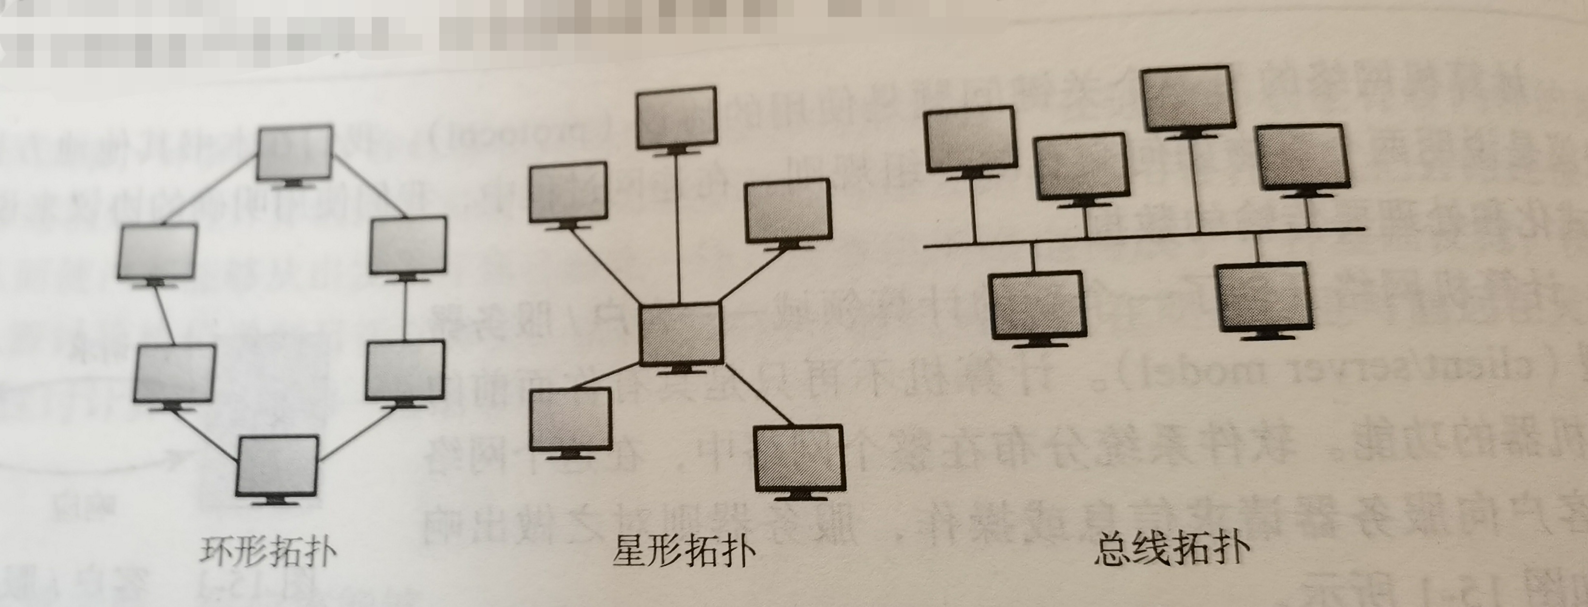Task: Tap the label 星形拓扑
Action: point(683,551)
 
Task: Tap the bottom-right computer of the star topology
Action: point(799,459)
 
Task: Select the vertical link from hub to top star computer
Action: point(678,228)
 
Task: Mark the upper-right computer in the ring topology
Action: point(408,245)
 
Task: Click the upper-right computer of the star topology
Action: point(788,211)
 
